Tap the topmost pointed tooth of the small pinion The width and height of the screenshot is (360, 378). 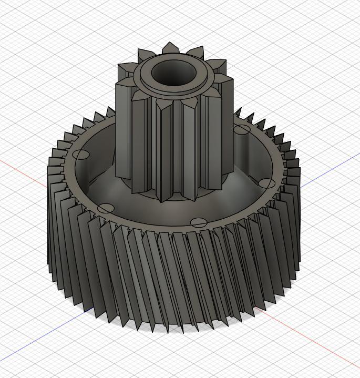(x=170, y=48)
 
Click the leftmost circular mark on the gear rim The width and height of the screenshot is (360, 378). (x=80, y=155)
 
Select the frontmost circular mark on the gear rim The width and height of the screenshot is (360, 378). (x=198, y=222)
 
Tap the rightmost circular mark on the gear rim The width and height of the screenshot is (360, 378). (x=267, y=183)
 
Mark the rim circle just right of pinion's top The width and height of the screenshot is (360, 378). (x=242, y=129)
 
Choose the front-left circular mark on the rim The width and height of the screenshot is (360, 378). (x=105, y=208)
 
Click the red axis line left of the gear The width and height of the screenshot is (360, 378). (x=21, y=170)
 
